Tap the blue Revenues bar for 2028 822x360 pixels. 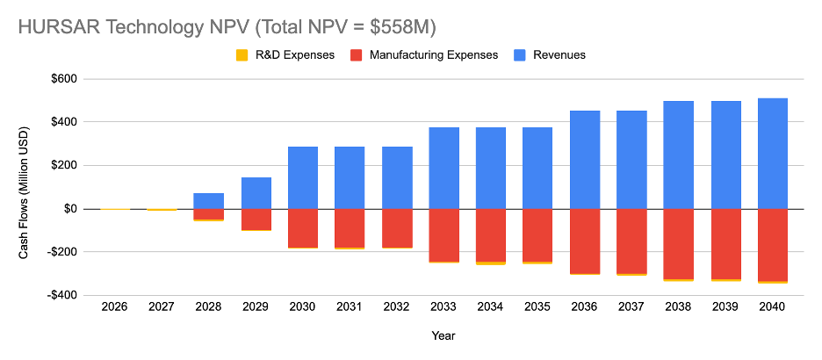[209, 201]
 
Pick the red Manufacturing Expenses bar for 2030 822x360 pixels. [303, 228]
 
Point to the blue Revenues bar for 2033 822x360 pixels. [443, 168]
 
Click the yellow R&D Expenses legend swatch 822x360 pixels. [242, 54]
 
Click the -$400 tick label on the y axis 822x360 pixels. [61, 295]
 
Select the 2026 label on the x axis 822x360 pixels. [114, 307]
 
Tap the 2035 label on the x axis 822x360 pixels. [537, 307]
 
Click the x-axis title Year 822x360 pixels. [443, 335]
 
